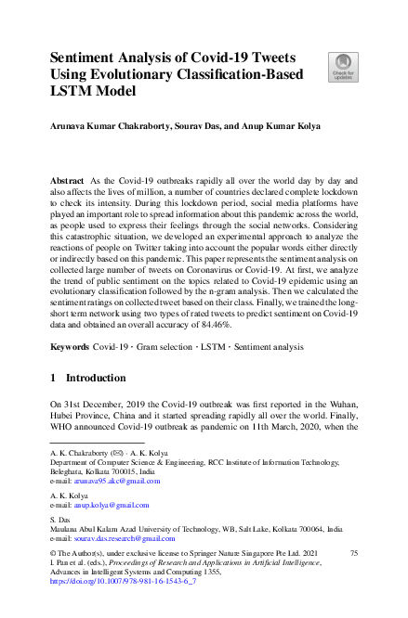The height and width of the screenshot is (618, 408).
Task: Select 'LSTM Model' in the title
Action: [92, 91]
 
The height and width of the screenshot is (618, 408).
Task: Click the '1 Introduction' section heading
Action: [88, 379]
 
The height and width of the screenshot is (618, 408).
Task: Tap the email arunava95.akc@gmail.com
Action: [119, 481]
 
